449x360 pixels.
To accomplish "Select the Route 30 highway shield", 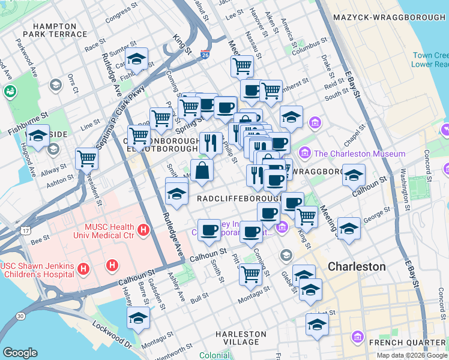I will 20,316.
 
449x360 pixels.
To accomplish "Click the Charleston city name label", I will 357,266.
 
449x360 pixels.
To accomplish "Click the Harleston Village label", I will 241,338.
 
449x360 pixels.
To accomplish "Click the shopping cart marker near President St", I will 86,159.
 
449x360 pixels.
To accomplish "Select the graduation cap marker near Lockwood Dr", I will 138,318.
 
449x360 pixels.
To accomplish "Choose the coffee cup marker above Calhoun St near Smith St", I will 209,230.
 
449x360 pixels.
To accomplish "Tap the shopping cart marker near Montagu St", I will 250,275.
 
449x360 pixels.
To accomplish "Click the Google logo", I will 20,353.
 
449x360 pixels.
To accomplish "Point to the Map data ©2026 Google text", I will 411,355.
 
